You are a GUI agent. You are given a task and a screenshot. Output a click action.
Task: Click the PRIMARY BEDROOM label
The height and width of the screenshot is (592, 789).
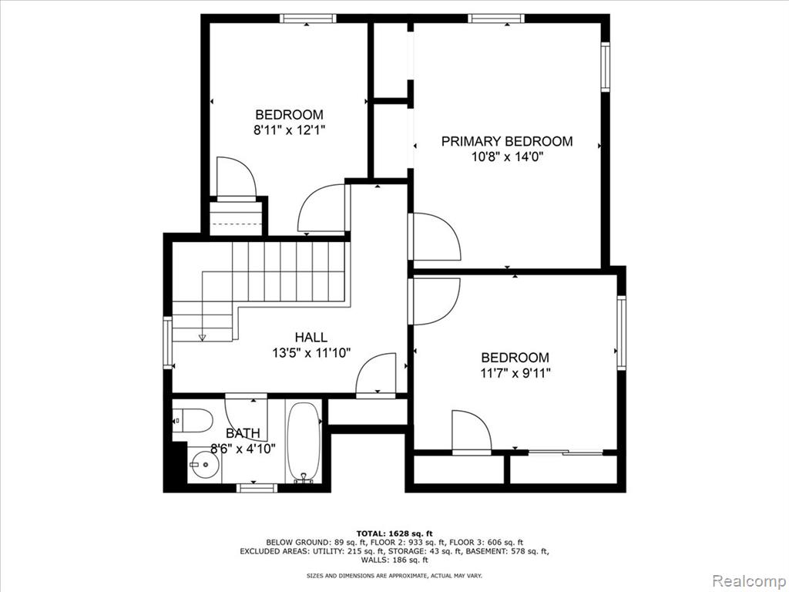point(507,142)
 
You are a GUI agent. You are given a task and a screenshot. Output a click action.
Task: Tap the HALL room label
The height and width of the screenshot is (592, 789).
point(311,338)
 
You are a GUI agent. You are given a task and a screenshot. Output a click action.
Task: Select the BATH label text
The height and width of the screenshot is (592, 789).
point(243,433)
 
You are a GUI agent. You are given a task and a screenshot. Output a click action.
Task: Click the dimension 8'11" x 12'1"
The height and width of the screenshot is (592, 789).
point(290,130)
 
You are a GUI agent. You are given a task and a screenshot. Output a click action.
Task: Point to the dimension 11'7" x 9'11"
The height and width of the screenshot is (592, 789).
point(515,374)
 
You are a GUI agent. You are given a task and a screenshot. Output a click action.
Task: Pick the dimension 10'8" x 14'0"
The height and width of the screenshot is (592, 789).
point(507,157)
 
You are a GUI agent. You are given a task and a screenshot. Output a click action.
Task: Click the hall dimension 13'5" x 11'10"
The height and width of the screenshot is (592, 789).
point(311,353)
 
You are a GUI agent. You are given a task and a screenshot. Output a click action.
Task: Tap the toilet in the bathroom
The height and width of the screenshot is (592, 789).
point(193,420)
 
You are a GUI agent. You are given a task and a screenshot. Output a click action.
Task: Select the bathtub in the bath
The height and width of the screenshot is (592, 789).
point(304,442)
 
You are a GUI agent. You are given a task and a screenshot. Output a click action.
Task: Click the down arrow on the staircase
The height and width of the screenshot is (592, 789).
point(203,338)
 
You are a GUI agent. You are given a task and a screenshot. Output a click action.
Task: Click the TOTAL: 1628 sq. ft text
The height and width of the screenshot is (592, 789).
point(394,533)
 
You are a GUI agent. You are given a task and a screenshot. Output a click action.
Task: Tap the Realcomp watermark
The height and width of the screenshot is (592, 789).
point(748,580)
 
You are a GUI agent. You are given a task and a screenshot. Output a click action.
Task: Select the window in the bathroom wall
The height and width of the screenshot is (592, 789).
point(257,488)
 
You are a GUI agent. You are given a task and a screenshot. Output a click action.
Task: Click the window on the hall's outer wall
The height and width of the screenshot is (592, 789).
point(167,342)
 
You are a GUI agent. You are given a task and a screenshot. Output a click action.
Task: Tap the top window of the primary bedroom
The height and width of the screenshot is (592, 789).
point(495,18)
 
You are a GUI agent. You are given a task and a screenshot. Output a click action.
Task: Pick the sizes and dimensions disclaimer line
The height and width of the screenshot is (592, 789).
point(394,575)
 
